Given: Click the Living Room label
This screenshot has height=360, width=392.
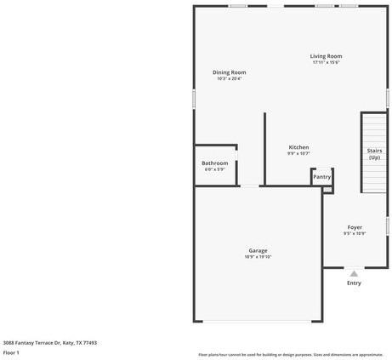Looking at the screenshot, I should (x=326, y=56).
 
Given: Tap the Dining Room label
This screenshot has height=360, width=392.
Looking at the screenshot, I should (x=229, y=72).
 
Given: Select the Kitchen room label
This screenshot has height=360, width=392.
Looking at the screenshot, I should (x=298, y=147).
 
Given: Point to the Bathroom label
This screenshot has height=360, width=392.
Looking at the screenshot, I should (x=214, y=163).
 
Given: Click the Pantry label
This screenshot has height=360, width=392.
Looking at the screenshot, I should (x=321, y=176).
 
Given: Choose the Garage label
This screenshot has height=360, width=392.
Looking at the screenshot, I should (x=258, y=250).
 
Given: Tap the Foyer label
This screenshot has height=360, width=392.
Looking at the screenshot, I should (x=355, y=227).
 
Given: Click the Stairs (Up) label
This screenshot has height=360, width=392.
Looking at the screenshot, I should (x=374, y=154).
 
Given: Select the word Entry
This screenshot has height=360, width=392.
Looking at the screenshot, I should (x=354, y=283).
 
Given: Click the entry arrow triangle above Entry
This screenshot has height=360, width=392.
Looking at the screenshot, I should (x=354, y=273).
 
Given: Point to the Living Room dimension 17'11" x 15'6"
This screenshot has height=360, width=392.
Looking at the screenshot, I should (x=326, y=62).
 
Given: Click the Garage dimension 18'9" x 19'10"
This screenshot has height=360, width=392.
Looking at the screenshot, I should (x=258, y=256).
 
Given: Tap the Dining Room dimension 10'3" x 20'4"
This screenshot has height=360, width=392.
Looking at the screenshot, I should (x=229, y=79).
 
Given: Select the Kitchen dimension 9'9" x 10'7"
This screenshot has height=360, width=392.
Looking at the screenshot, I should (x=298, y=154).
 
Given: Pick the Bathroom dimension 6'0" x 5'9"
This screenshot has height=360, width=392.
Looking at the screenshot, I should (x=214, y=169).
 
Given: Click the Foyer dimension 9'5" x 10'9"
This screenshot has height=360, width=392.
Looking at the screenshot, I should (x=355, y=233).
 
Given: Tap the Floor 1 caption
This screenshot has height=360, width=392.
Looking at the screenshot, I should (x=11, y=351).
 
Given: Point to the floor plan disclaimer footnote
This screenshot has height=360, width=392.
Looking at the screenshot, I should (x=290, y=354).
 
